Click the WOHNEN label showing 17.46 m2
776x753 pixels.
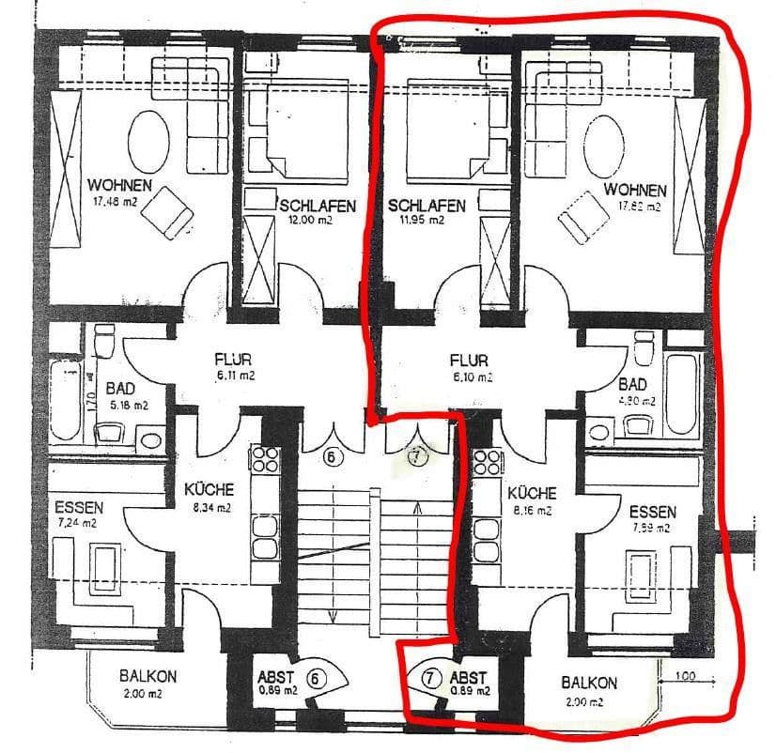coord(119,185)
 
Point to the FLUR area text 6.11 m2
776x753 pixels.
coord(232,375)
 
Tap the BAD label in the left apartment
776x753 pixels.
coord(119,389)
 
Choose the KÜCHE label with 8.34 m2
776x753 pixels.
coord(209,490)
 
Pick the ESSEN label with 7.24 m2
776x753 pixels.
coord(80,508)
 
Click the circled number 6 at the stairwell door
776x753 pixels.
coord(331,457)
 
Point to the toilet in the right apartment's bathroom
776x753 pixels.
coord(644,349)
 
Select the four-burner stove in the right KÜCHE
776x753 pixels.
coord(488,462)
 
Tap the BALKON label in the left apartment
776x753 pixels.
coord(147,676)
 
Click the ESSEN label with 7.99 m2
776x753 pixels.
coord(652,514)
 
